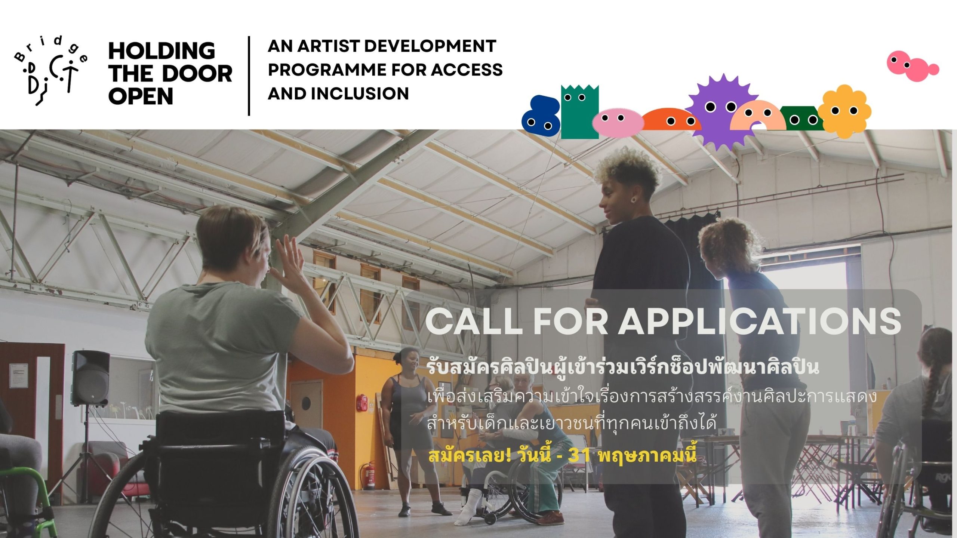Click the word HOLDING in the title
point(161,51)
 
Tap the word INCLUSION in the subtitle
point(360,93)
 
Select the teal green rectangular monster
point(579,111)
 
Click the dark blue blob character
point(541,116)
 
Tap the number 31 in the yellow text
point(579,455)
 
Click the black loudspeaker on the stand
point(90,378)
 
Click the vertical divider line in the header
point(249,76)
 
